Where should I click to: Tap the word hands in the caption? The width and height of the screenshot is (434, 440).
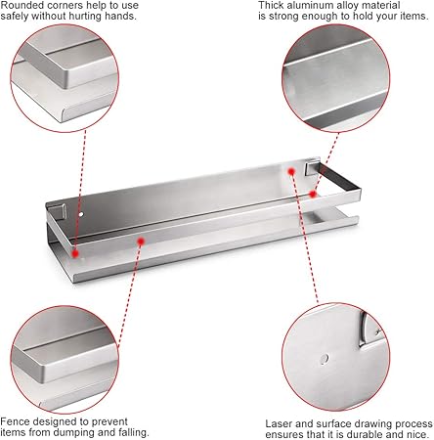pyautogui.click(x=119, y=16)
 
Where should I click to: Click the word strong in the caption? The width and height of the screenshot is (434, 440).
pyautogui.click(x=283, y=17)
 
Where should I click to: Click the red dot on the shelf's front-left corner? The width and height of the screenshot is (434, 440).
pyautogui.click(x=75, y=253)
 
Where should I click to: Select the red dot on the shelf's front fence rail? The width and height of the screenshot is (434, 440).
pyautogui.click(x=141, y=242)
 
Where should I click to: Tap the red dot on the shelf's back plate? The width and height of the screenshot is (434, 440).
pyautogui.click(x=291, y=171)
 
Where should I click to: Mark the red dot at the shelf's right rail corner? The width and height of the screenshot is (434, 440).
pyautogui.click(x=313, y=195)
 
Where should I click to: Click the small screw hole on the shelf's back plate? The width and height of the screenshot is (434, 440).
pyautogui.click(x=81, y=214)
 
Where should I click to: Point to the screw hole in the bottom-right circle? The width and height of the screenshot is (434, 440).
pyautogui.click(x=324, y=359)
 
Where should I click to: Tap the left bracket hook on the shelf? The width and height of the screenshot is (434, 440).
pyautogui.click(x=61, y=211)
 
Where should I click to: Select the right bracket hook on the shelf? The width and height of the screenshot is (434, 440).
pyautogui.click(x=312, y=167)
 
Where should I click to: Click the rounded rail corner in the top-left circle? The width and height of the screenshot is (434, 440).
pyautogui.click(x=66, y=79)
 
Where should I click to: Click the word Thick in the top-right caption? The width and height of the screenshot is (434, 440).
pyautogui.click(x=271, y=6)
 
